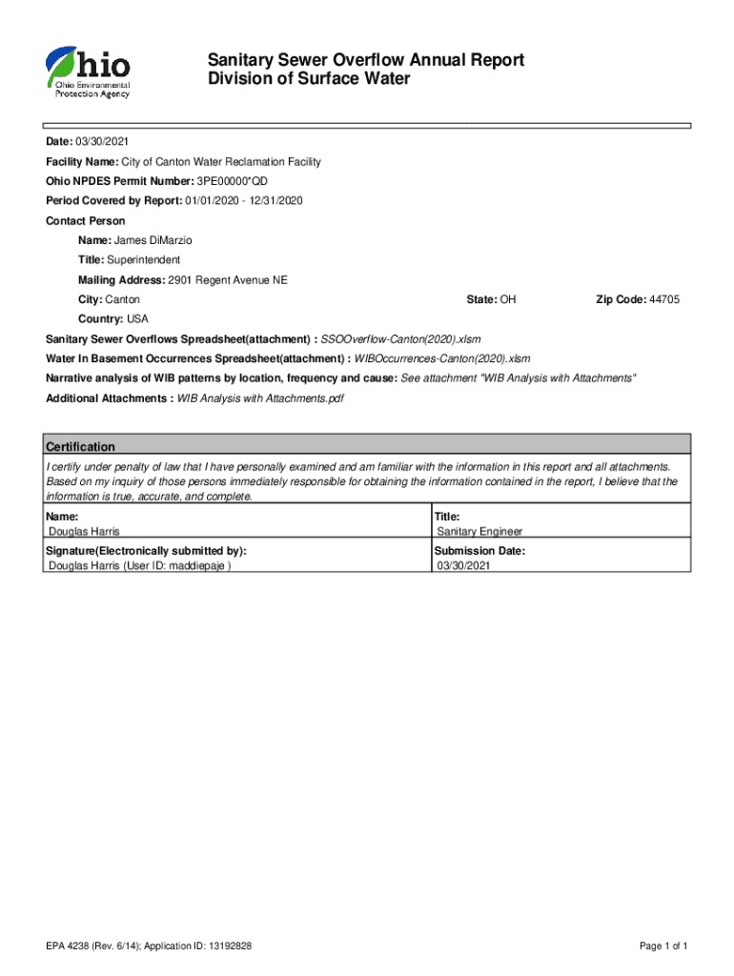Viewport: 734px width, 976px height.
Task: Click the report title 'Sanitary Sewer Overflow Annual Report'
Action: tap(366, 61)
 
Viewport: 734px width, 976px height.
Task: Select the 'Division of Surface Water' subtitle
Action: tap(309, 79)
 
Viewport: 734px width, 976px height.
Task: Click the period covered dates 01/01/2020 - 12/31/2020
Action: tap(244, 201)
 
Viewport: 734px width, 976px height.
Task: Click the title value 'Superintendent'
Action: tap(143, 260)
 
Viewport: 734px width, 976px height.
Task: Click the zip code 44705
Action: tap(663, 299)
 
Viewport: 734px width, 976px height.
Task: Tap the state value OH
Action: tap(508, 299)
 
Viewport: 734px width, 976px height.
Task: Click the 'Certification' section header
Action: tap(81, 446)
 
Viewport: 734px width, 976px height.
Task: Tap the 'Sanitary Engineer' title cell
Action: tap(479, 532)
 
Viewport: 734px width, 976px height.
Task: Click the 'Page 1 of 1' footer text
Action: tap(663, 946)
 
